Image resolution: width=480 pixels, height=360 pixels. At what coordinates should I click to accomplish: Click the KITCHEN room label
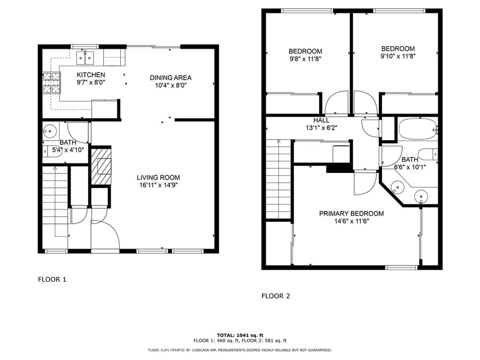[91, 75]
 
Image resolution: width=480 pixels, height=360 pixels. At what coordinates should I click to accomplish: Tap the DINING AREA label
[170, 78]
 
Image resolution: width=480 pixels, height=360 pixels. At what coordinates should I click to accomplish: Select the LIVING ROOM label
[158, 178]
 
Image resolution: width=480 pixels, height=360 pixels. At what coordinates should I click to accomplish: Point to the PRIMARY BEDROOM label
[351, 214]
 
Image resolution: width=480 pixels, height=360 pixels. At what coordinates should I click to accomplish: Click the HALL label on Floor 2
[321, 120]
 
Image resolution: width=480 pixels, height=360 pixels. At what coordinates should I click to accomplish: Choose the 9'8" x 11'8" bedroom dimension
[305, 59]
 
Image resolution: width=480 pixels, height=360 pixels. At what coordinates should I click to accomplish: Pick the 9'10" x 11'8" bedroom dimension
[398, 56]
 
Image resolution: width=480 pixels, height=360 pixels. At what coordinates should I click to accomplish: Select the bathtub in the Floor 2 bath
[418, 129]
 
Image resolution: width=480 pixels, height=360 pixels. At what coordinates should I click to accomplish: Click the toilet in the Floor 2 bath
[428, 154]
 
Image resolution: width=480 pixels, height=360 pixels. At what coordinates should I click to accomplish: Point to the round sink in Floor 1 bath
[49, 132]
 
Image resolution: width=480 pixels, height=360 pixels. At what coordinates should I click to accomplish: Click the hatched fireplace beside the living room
[101, 167]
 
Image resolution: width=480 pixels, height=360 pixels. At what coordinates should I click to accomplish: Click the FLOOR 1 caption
[52, 279]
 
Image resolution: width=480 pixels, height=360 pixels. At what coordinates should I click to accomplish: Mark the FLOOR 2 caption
[276, 296]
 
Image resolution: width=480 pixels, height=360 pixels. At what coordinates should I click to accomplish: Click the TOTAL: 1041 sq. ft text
[240, 335]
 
